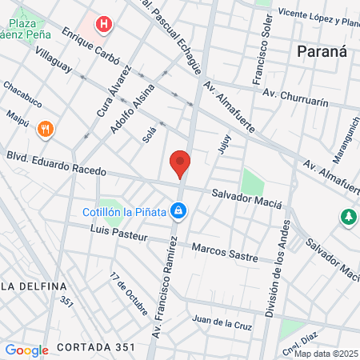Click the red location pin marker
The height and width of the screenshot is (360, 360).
tap(180, 164)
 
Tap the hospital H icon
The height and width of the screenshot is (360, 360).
tap(103, 25)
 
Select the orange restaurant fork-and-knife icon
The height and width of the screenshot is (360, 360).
tap(45, 128)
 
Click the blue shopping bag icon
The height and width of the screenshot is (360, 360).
tap(180, 211)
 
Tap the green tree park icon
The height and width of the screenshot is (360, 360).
tap(348, 216)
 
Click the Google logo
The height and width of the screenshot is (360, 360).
tap(26, 350)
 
